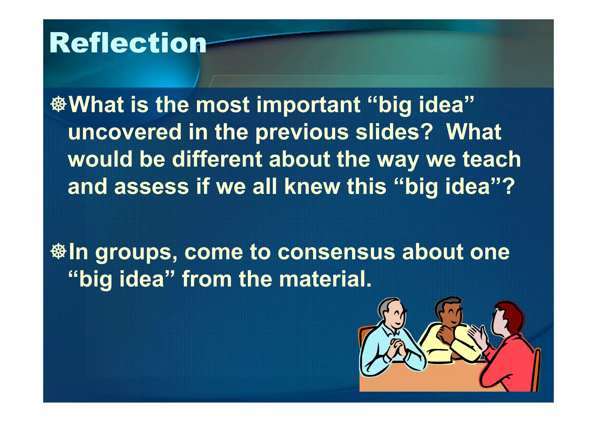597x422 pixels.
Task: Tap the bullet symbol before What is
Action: [58, 104]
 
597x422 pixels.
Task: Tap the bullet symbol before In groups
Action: [58, 251]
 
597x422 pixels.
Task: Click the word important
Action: [308, 105]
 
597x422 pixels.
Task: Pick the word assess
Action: [151, 187]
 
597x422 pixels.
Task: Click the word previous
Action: [302, 132]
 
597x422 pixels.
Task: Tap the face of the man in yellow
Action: [453, 316]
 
